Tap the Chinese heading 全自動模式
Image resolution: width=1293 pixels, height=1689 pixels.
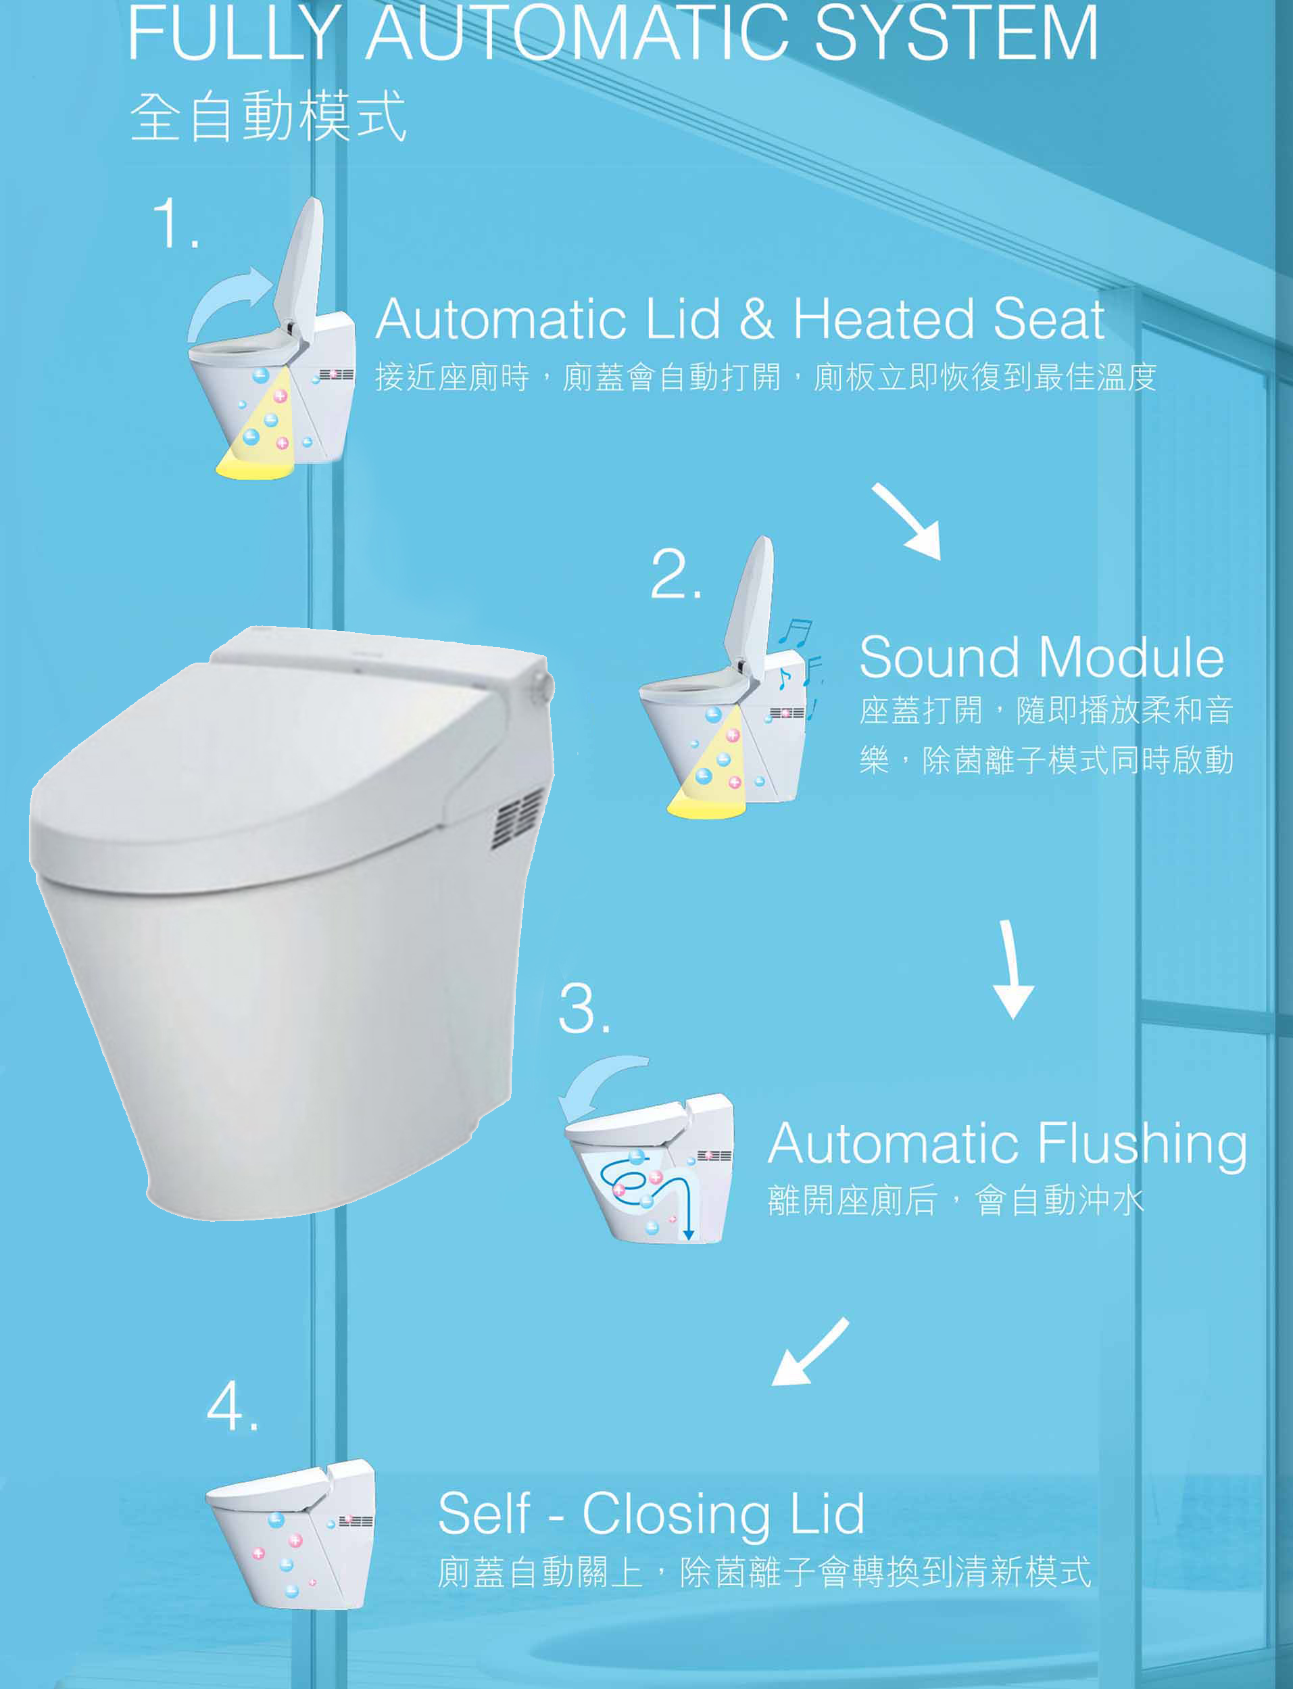click(268, 116)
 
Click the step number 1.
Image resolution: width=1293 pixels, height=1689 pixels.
click(176, 222)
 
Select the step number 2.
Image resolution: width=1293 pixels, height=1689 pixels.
click(676, 573)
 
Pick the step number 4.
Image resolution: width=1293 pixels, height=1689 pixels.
click(232, 1406)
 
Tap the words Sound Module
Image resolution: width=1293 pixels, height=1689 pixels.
click(1042, 657)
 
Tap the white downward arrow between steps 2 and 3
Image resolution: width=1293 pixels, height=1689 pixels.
click(1013, 969)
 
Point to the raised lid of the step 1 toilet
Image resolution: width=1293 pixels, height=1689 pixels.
click(299, 265)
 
